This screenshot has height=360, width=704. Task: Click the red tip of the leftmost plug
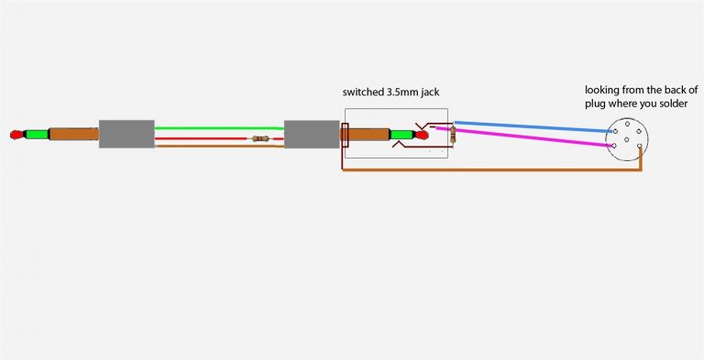(16, 136)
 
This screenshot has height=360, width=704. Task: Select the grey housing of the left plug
(126, 134)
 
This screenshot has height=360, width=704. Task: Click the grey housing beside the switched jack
(312, 134)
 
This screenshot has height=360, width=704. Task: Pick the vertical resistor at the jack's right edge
(452, 136)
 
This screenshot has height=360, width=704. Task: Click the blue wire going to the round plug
(532, 126)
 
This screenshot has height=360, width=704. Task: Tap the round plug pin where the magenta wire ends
(613, 147)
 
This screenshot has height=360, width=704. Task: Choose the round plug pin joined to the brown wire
(639, 147)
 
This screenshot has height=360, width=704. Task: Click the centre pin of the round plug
(626, 138)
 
